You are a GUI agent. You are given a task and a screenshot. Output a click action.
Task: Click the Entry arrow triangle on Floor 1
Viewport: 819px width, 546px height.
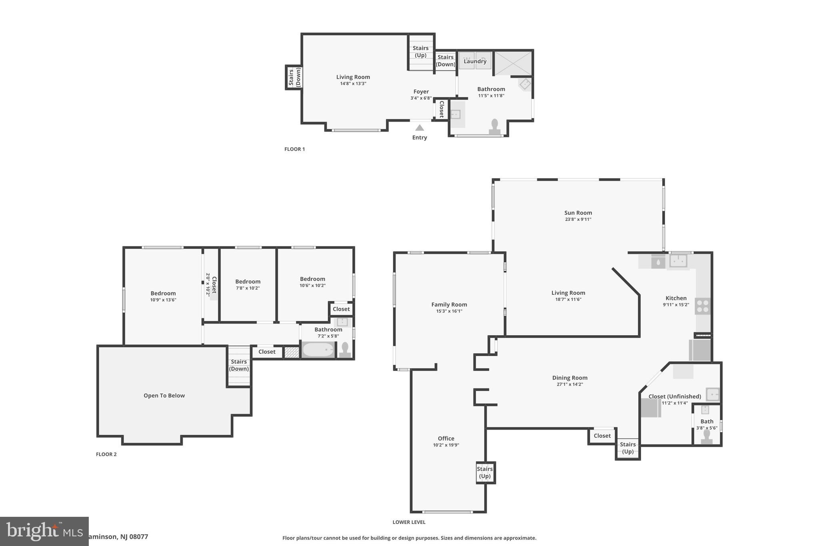point(419,128)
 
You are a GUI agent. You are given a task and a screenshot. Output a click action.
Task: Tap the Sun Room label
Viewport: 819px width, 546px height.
point(578,213)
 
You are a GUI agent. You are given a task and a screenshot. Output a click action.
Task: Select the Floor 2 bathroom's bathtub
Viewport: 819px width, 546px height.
point(318,350)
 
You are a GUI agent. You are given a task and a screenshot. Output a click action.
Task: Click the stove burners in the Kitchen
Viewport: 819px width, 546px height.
point(703,306)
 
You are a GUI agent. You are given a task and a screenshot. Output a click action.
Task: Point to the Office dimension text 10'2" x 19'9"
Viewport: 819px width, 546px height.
point(446,445)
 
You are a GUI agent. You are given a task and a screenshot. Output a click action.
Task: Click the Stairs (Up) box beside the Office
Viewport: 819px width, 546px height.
point(485,472)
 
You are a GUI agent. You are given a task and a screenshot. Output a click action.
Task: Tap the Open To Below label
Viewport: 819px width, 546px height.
point(164,396)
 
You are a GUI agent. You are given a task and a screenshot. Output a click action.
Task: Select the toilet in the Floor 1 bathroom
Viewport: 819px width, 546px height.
point(495,126)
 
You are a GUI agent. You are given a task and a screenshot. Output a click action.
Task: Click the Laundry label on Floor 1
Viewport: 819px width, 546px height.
point(475,61)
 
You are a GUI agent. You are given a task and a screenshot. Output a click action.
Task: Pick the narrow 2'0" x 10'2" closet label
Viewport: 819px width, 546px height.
point(211,284)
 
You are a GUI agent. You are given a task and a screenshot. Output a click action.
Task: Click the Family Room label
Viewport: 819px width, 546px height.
point(449,304)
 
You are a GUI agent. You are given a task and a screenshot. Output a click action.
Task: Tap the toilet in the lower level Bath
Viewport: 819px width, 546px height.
point(707,437)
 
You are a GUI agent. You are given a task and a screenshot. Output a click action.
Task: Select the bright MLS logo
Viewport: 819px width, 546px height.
point(44,531)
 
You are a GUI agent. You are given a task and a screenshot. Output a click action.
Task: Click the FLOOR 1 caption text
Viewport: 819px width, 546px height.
point(294,149)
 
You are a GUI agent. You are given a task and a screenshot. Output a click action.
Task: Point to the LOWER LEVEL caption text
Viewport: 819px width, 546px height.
point(409,522)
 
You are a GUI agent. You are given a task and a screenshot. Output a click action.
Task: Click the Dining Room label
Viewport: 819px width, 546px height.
point(569,378)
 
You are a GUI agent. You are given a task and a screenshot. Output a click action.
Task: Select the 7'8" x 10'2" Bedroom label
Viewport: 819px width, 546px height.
point(248,282)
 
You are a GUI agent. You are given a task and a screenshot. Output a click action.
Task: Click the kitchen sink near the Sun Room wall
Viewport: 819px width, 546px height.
point(678,261)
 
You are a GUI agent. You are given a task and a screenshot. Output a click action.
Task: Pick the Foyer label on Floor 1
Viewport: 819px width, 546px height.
point(421,92)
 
